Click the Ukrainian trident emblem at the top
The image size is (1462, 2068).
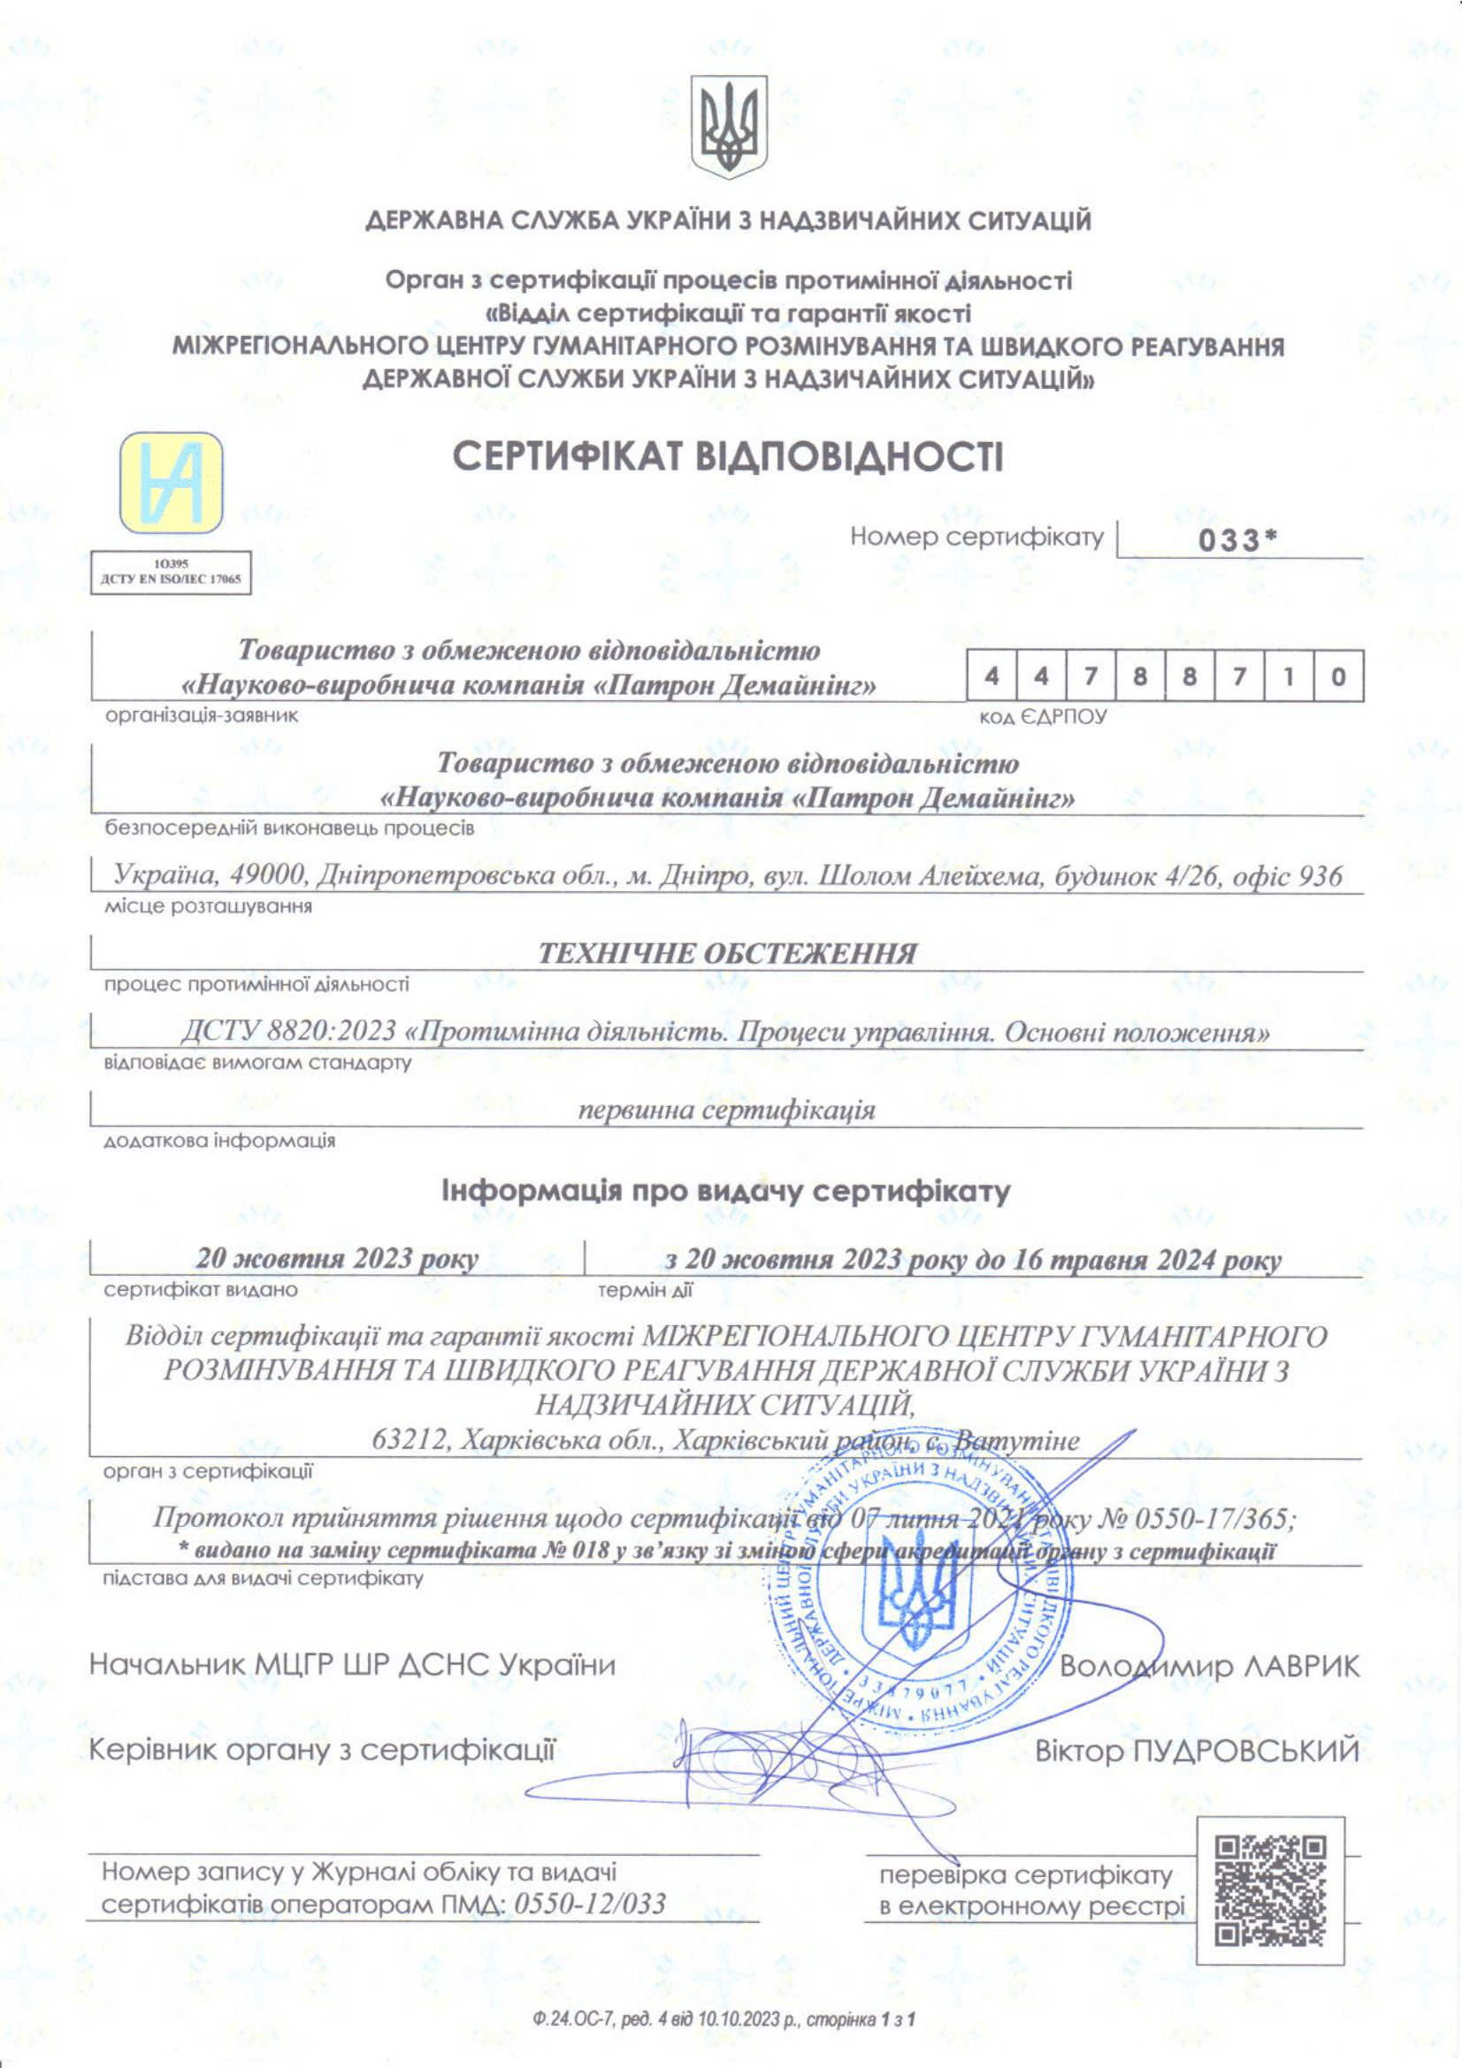pyautogui.click(x=729, y=126)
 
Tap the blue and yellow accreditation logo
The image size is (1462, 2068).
pyautogui.click(x=172, y=483)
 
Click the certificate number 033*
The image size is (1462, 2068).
pyautogui.click(x=1238, y=541)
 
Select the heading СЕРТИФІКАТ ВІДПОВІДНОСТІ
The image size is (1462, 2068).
pyautogui.click(x=727, y=456)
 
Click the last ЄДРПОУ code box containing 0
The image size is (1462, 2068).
pyautogui.click(x=1337, y=676)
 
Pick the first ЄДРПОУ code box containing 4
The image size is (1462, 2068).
pyautogui.click(x=991, y=676)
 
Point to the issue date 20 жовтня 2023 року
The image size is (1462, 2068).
pyautogui.click(x=337, y=1259)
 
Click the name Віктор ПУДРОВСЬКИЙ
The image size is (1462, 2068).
pyautogui.click(x=1197, y=1751)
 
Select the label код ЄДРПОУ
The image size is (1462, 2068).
pyautogui.click(x=1042, y=717)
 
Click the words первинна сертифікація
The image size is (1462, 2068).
pyautogui.click(x=726, y=1110)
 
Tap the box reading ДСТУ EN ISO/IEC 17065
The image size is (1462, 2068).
pyautogui.click(x=172, y=574)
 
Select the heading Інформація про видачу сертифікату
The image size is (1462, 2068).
pyautogui.click(x=726, y=1192)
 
